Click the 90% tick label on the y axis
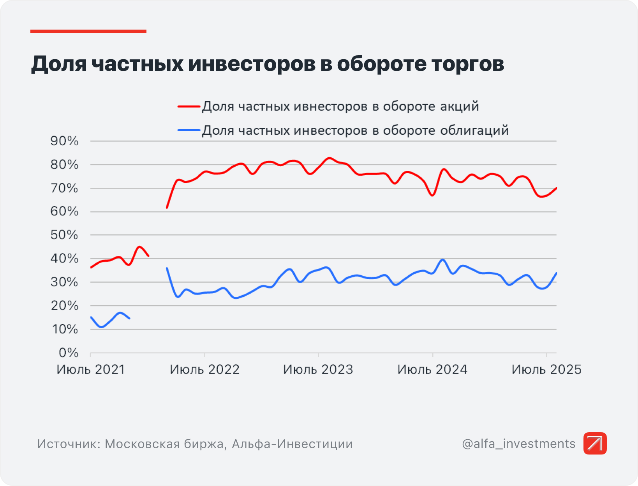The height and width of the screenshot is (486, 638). point(64,141)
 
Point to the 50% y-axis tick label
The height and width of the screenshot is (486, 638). point(64,235)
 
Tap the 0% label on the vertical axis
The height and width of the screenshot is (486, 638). point(69,353)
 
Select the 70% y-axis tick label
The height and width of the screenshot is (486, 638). point(64,188)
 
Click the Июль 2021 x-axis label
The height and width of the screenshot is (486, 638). point(91,370)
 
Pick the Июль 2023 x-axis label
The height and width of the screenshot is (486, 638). point(318,370)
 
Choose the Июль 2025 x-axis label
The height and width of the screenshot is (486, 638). point(546,370)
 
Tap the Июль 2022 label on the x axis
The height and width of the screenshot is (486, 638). point(204,370)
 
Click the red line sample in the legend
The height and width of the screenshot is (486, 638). point(189,106)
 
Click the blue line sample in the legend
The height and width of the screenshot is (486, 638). point(189,130)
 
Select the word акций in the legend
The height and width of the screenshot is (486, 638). point(460,106)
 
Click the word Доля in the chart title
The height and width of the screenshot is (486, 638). point(59,64)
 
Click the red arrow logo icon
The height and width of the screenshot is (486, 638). point(595,443)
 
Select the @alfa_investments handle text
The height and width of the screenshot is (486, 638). point(518,444)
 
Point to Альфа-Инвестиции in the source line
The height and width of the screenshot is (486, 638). point(292,444)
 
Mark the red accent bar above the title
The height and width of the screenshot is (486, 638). point(88,31)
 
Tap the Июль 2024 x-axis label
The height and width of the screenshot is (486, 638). point(432,370)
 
